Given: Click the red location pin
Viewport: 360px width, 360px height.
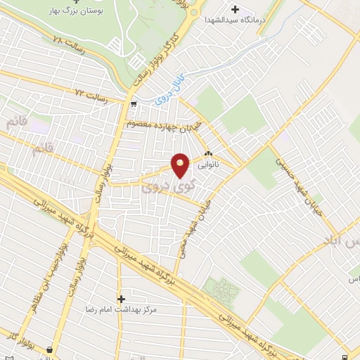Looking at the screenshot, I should tap(181, 165).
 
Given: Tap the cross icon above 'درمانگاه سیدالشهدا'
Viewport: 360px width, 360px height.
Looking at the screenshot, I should tap(236, 11).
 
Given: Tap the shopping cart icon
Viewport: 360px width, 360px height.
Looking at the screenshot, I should tap(134, 104).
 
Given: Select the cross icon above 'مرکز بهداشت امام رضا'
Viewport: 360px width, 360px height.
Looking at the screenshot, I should tap(121, 299).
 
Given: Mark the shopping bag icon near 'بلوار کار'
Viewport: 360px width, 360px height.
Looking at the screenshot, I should tap(49, 349).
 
